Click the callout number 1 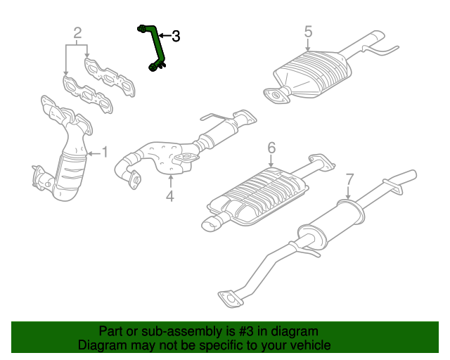click(105, 151)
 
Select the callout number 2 click(77, 32)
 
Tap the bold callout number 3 click(175, 36)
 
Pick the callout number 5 click(308, 32)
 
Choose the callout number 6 click(271, 148)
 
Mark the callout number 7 click(349, 180)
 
